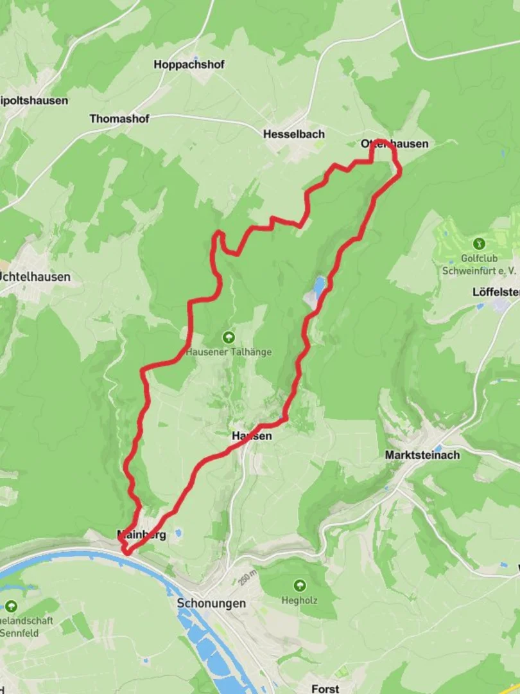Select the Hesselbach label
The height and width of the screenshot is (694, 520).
pos(294,134)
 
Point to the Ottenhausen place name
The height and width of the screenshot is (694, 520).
pos(394,144)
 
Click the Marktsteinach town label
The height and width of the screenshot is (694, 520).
pos(422,455)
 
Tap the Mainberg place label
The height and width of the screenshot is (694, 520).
pos(141,534)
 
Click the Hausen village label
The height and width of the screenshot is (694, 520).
pos(252,436)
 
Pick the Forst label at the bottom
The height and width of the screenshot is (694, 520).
pos(325,688)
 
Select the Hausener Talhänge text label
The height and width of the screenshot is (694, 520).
pos(229,352)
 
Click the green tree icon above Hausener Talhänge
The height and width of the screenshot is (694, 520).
pos(228,337)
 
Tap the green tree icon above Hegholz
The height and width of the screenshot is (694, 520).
pos(299,585)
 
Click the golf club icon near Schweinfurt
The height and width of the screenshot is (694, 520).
pos(478,244)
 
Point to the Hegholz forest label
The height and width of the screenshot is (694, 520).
pos(300,601)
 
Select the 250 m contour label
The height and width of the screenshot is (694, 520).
pos(245,576)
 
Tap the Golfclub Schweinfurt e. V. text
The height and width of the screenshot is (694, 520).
pos(479,265)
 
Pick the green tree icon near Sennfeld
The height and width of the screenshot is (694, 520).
pos(11,606)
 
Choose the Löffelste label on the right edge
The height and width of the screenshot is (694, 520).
pos(496,291)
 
